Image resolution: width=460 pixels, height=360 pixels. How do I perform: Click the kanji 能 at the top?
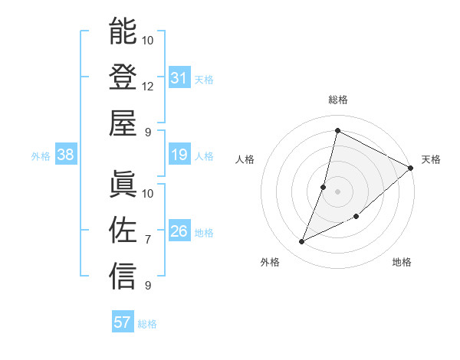(123, 31)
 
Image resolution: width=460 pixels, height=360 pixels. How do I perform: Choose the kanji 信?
(123, 277)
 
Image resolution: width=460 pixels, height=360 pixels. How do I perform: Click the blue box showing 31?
(179, 78)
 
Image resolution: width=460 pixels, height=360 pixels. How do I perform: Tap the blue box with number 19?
(179, 155)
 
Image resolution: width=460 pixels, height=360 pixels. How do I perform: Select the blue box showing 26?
(179, 231)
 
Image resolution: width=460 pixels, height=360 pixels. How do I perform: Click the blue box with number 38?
(66, 155)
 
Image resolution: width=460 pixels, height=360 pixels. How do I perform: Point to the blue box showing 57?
(122, 322)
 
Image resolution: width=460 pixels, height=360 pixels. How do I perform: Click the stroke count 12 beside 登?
(148, 87)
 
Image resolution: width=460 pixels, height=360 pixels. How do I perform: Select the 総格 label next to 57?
(147, 323)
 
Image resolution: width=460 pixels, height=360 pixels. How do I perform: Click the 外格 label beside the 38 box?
(41, 155)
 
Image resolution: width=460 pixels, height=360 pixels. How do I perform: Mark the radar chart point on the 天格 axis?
(410, 169)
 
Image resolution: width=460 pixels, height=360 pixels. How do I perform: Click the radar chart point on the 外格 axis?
(302, 242)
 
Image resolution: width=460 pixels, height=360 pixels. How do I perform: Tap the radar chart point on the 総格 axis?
(337, 130)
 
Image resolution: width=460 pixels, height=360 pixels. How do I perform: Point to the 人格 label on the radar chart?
(245, 159)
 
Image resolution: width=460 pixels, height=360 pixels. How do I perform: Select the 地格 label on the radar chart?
(402, 263)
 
